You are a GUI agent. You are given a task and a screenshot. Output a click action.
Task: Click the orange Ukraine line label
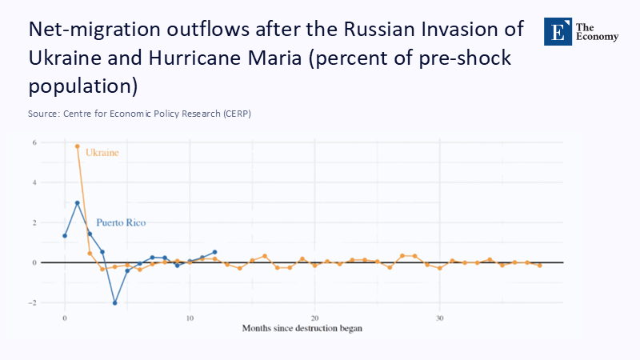tap(102, 152)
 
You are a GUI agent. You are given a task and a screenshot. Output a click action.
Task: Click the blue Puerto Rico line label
tap(121, 222)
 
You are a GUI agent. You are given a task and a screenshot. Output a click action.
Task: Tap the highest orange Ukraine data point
tap(77, 146)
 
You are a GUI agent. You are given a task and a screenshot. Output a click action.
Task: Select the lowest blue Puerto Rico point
tap(114, 303)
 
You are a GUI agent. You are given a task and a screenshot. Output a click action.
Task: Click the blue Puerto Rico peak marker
tap(77, 203)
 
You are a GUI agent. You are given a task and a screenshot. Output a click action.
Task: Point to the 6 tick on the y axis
tap(34, 142)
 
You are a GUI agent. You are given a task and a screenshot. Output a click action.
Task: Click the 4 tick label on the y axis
tap(34, 182)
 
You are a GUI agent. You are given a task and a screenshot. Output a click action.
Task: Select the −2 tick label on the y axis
tap(33, 303)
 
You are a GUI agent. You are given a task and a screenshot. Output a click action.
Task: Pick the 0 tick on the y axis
tap(34, 262)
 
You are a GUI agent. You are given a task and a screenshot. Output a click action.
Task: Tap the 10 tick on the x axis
tap(190, 318)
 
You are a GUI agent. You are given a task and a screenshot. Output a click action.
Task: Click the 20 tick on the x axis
tap(314, 318)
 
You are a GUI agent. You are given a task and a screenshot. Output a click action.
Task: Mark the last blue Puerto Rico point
tap(214, 252)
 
